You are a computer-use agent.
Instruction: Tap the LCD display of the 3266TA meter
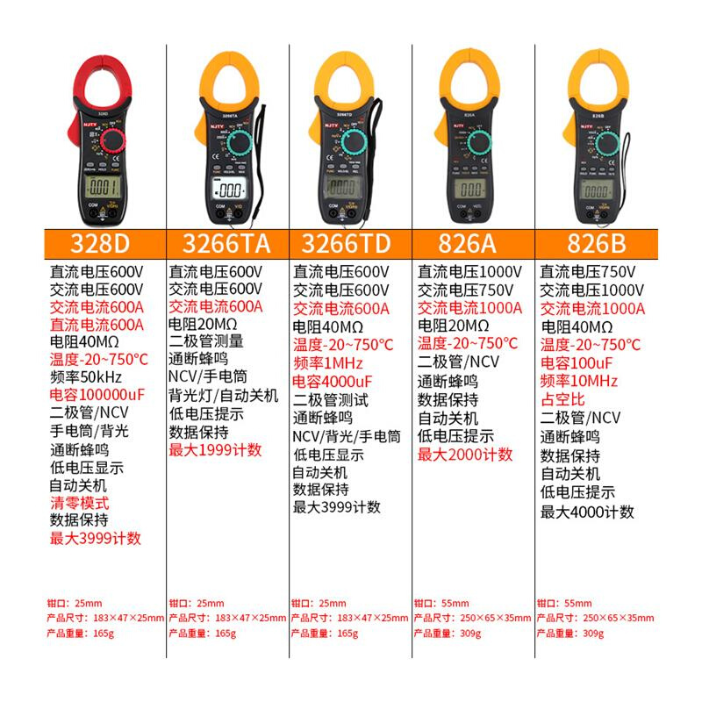(x=230, y=190)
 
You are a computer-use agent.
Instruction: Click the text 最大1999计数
(x=215, y=450)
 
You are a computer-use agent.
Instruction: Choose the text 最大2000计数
(x=465, y=455)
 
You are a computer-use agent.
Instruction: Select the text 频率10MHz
(x=579, y=380)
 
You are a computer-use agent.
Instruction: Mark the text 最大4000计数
(x=586, y=512)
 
